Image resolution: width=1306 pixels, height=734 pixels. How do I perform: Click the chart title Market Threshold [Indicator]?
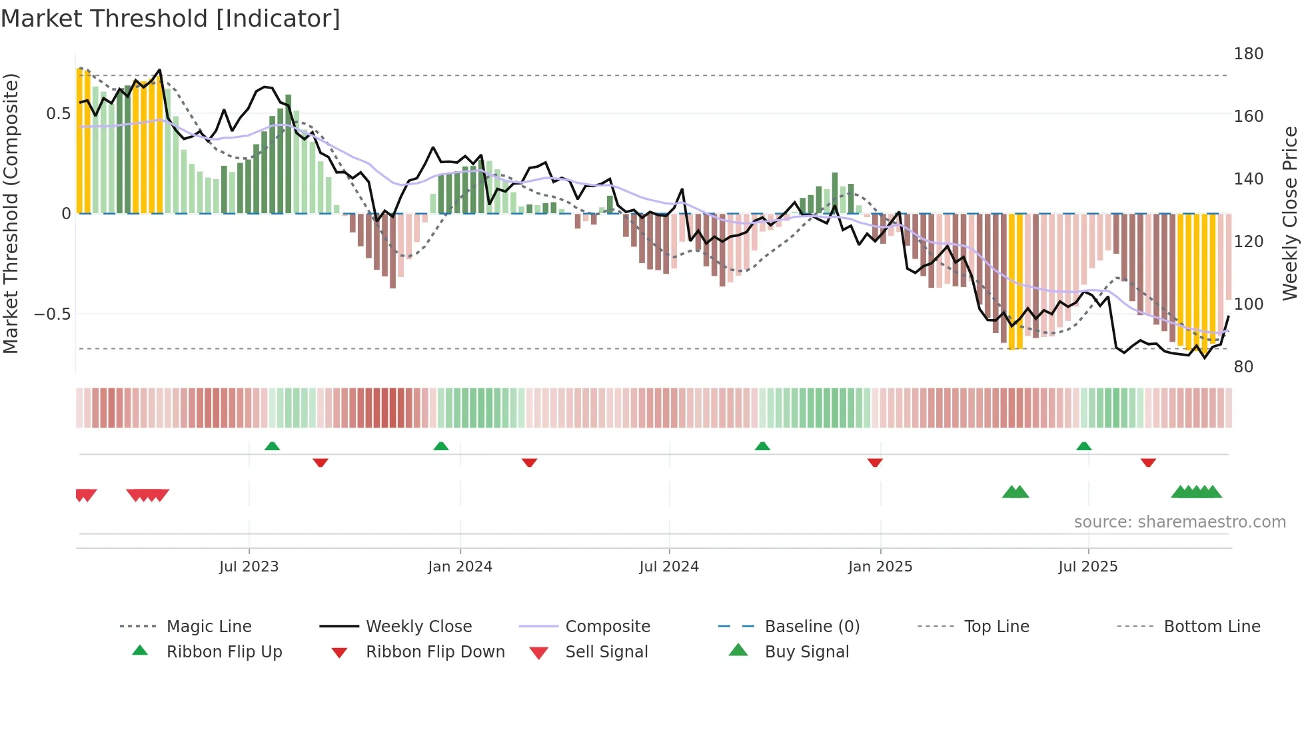pos(171,19)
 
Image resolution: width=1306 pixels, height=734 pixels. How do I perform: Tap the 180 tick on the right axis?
pos(1248,54)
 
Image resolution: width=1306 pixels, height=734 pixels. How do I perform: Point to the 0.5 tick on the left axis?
pos(59,114)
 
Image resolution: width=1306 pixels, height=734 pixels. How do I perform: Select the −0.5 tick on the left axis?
pos(53,314)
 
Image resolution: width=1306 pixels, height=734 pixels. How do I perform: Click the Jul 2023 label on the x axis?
pos(249,567)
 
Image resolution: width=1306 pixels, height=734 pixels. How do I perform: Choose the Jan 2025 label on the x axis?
pos(880,567)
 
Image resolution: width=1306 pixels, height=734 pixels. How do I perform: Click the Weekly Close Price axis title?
pos(1290,213)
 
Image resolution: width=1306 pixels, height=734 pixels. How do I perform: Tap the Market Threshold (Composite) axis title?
pos(11,213)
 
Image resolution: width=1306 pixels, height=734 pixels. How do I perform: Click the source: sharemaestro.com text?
pos(1179,522)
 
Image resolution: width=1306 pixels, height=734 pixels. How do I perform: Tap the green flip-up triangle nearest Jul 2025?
pos(1083,446)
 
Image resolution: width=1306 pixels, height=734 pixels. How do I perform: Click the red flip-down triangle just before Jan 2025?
pos(875,462)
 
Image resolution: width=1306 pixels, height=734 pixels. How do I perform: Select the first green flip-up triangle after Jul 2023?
pos(272,446)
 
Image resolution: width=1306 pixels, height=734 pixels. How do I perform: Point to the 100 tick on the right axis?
pos(1248,304)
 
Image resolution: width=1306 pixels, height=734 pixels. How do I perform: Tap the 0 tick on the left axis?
pos(66,214)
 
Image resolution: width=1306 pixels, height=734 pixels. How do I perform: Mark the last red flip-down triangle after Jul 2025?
pos(1148,462)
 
